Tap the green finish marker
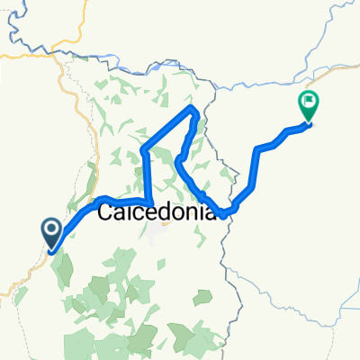(x=309, y=106)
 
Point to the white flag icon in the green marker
(x=309, y=102)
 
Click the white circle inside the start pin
(x=51, y=229)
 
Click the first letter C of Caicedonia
(x=104, y=213)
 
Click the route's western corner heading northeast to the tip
(x=145, y=149)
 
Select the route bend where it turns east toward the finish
(x=259, y=148)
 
